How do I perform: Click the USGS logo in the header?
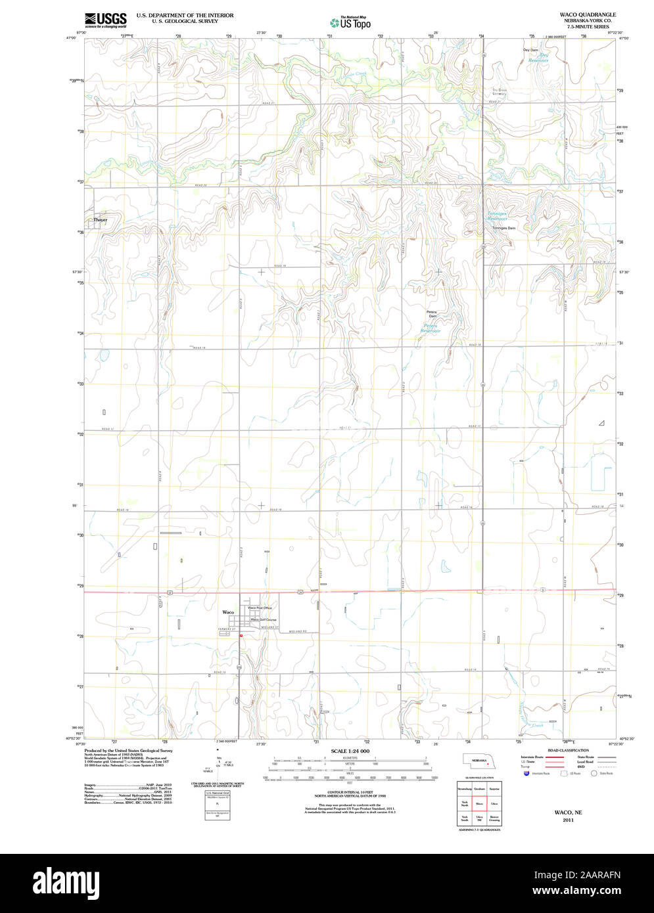coord(105,19)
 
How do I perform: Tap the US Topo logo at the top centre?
coord(350,22)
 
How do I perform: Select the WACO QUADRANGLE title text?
coord(588,14)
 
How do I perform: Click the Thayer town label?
coord(100,219)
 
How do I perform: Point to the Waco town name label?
coord(228,612)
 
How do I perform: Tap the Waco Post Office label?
coord(260,608)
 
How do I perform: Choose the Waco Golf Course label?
coord(263,619)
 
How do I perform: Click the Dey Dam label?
coord(530,50)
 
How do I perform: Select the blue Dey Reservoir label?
coord(539,58)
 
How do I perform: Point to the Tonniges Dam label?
coord(503,228)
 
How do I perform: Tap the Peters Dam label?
coord(432,314)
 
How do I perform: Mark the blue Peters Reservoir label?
coord(431,328)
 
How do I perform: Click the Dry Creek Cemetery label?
coord(500,91)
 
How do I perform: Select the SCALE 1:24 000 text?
coord(350,751)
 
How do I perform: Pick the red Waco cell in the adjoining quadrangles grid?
coord(479,803)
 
